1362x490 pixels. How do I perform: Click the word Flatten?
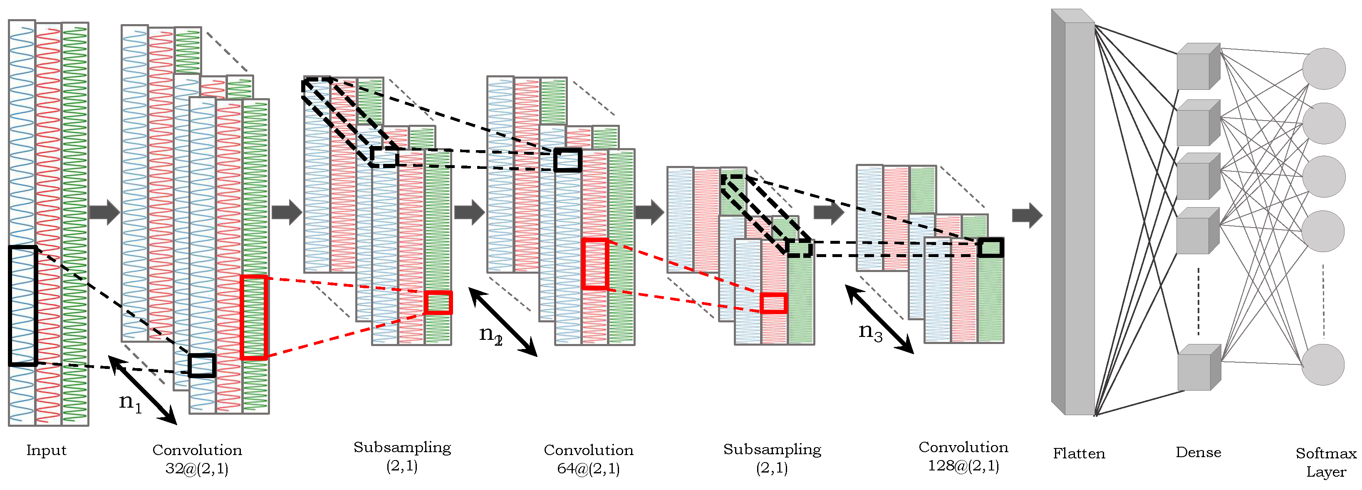point(1079,453)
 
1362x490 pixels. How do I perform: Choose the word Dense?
point(1198,452)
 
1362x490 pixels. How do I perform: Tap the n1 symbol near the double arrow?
point(129,403)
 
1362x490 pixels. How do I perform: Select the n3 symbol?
point(870,332)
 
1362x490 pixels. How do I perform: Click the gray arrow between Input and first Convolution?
point(104,212)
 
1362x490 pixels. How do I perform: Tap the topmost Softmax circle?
point(1323,69)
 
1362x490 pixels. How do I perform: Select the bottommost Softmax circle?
point(1322,365)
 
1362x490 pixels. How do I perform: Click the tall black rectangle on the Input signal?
point(23,306)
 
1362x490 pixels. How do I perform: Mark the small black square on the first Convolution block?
point(202,365)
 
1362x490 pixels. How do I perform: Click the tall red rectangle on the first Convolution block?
point(253,317)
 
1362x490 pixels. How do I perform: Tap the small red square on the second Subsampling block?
point(773,303)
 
